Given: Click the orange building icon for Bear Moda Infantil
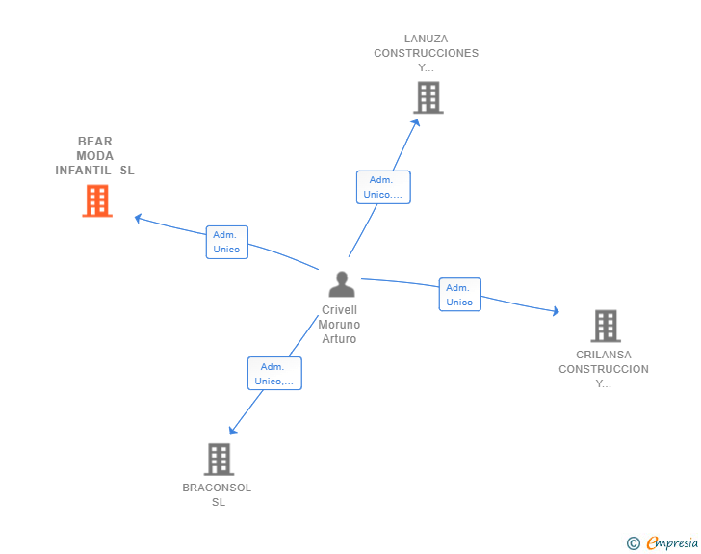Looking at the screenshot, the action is coord(97,200).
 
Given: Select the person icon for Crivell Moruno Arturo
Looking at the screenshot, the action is coord(342,284).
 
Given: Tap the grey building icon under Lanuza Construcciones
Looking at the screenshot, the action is coord(428,97).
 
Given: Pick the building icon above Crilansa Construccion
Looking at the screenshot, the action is coord(606,326).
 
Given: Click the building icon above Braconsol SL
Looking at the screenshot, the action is coord(220,460).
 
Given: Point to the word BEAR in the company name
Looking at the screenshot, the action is coord(95,142).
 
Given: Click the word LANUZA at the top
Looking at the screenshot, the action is coord(426,39).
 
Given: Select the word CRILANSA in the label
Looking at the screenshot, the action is coord(604,355).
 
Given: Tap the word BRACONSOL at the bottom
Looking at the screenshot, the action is coord(217,488).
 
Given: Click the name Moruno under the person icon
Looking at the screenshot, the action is coord(339,325).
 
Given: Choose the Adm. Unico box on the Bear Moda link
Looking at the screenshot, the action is coord(227,242).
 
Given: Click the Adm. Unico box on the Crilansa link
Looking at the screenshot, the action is coord(460,295).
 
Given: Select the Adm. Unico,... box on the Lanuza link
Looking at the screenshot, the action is coord(383,187).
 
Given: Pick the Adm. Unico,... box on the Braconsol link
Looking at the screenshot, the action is coord(275,373).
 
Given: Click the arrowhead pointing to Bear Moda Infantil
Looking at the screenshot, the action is coord(138,218).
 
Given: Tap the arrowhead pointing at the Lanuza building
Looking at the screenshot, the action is coord(416,123).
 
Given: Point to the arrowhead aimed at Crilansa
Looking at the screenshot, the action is coord(556,311).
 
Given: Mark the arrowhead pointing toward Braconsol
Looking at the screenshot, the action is coord(232,430).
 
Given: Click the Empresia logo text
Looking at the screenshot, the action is coord(672,542).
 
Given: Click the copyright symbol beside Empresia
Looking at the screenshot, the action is coord(634,543).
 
